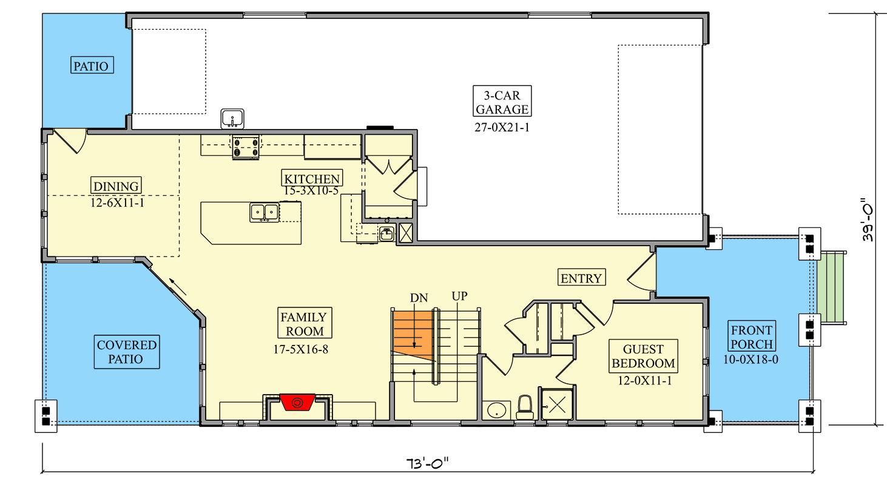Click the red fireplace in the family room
[x=297, y=402]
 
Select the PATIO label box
[x=93, y=65]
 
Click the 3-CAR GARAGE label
[x=502, y=101]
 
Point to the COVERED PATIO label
[x=127, y=352]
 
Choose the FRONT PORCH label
[x=752, y=337]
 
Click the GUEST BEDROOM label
[x=642, y=356]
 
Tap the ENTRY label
[x=581, y=278]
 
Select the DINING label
[x=116, y=186]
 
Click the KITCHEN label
[x=312, y=178]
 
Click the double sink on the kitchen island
[x=264, y=212]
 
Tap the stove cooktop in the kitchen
[x=246, y=147]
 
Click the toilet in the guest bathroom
[x=524, y=407]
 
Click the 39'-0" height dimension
[x=868, y=222]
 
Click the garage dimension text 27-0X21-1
[x=502, y=127]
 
